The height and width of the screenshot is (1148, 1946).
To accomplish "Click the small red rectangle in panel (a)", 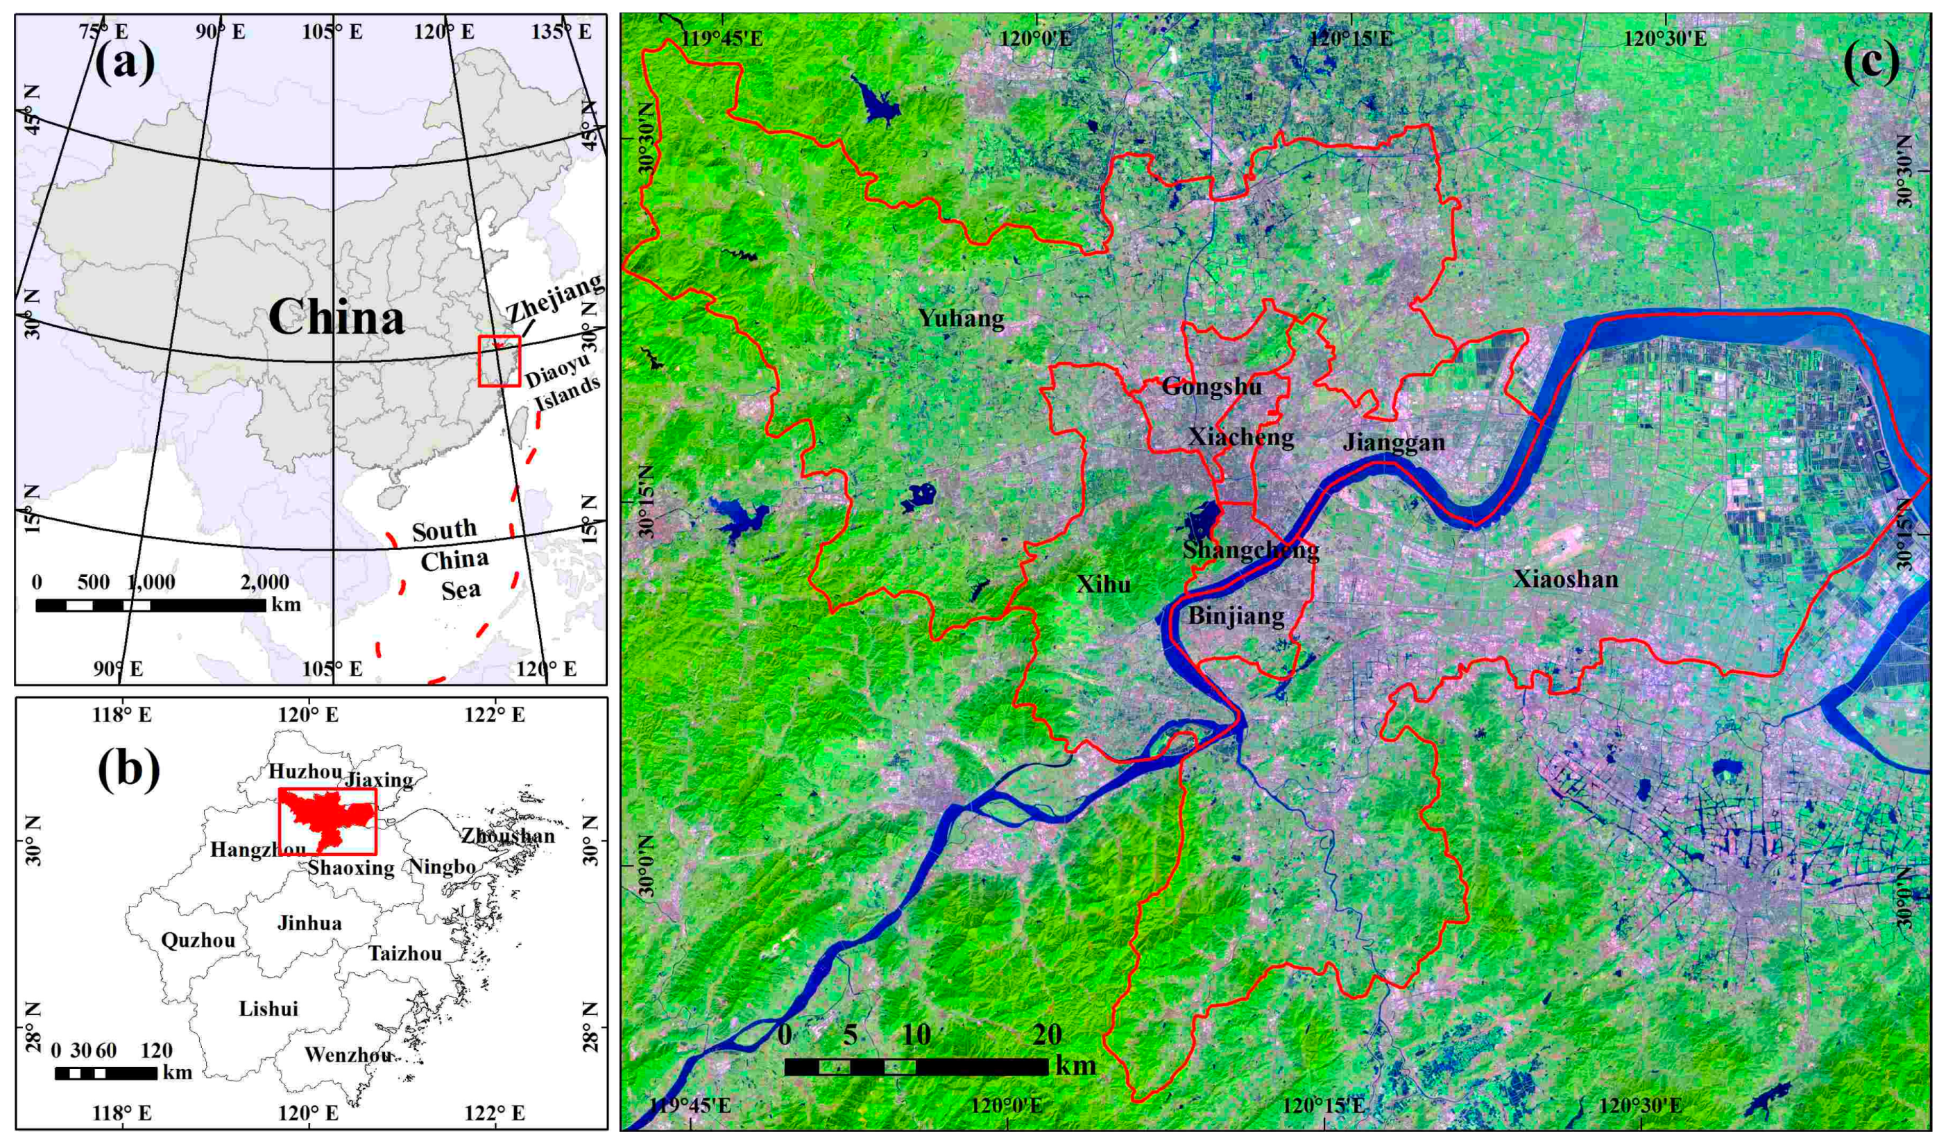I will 499,361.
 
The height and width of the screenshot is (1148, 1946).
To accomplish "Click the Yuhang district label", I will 962,317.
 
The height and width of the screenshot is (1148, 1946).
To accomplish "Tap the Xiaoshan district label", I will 1564,579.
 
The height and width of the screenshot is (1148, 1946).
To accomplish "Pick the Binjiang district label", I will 1236,617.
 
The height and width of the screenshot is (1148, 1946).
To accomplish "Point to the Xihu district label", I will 1103,584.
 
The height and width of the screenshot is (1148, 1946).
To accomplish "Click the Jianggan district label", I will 1394,442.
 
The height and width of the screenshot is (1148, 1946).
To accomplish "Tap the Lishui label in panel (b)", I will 268,1009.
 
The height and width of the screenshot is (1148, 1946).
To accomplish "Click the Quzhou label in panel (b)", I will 198,940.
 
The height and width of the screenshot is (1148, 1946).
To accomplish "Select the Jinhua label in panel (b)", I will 309,923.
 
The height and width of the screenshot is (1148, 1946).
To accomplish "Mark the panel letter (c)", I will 1870,62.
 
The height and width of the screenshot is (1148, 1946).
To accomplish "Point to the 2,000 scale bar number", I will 264,582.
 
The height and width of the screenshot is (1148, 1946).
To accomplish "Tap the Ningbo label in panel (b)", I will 442,866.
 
